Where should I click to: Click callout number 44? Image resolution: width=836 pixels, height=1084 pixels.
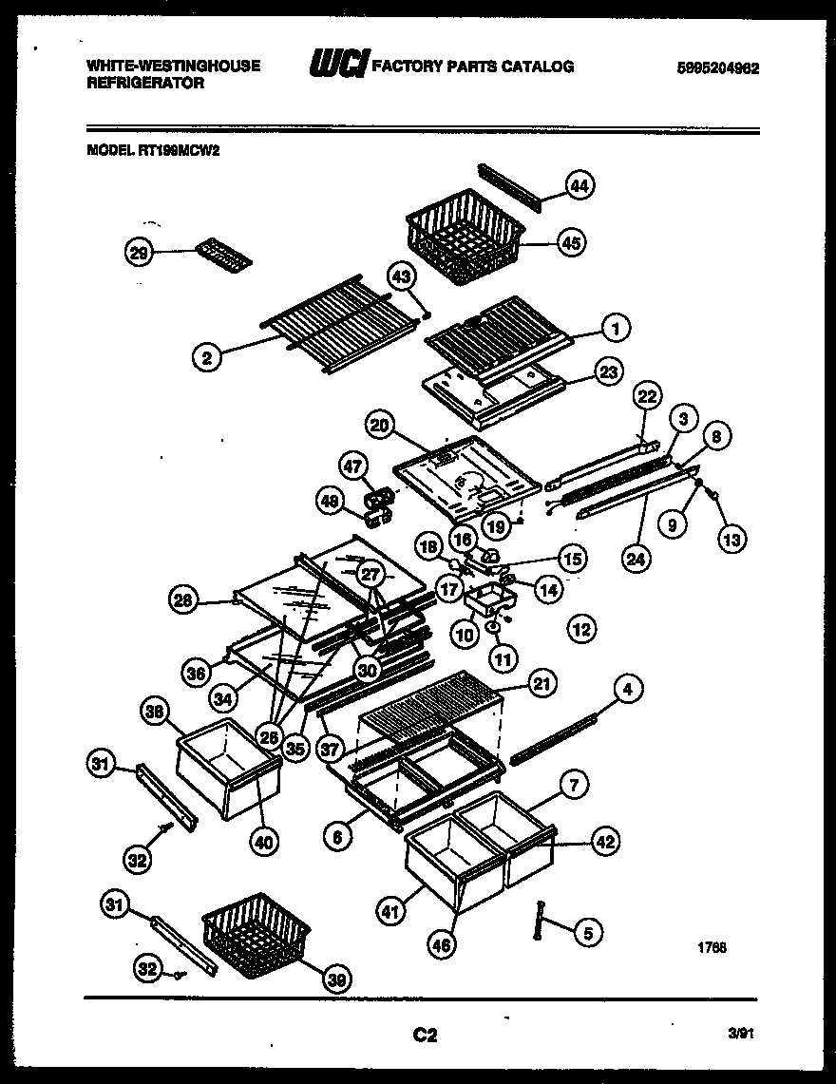tap(579, 186)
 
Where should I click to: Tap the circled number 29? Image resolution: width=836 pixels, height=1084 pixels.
tap(139, 252)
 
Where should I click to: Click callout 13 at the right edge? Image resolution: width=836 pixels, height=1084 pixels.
tap(732, 538)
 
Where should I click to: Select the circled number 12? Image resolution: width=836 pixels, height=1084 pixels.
tap(581, 627)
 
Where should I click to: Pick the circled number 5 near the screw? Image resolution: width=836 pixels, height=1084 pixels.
tap(587, 933)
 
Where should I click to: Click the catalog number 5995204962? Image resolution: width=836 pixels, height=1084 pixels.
tap(717, 67)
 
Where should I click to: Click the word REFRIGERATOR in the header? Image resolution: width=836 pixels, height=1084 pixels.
tap(145, 83)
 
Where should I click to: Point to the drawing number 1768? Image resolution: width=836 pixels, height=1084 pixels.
tap(712, 946)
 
